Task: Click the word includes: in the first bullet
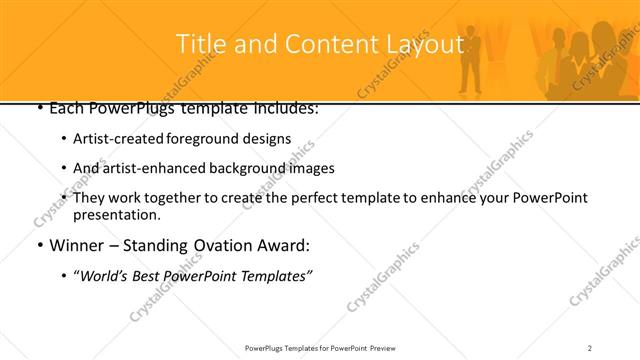(283, 107)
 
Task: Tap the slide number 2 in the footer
(589, 347)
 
